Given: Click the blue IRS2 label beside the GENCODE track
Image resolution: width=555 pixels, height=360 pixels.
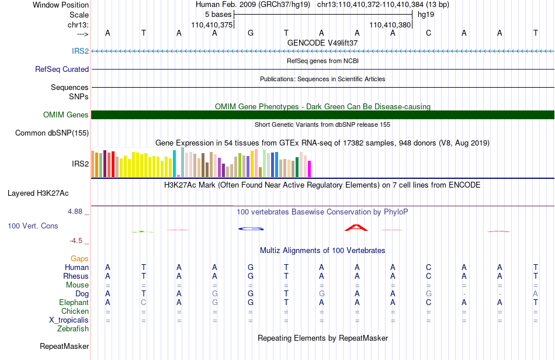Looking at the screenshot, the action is point(81,51).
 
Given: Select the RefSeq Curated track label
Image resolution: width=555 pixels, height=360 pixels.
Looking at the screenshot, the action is point(62,69).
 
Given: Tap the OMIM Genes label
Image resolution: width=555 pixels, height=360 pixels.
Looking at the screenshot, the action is point(66,115).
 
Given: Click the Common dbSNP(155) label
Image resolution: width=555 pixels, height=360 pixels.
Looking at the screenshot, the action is point(52,133).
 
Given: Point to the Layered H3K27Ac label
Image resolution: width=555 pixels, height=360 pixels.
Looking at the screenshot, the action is point(38,193).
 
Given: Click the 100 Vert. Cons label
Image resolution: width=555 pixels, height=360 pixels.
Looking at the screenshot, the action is point(33,226).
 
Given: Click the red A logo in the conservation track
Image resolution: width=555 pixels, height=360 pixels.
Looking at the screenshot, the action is point(356,227).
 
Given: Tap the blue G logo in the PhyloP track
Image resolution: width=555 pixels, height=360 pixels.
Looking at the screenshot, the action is point(251,229).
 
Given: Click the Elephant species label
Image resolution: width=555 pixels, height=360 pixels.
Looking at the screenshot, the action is point(74,303).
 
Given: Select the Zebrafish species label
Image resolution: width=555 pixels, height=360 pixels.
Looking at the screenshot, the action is point(73,329).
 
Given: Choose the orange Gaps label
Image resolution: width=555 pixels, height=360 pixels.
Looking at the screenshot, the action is point(79,259).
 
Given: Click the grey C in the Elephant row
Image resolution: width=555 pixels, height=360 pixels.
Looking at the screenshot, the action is point(143,303).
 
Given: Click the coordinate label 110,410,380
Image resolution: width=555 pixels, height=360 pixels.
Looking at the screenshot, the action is point(390,25).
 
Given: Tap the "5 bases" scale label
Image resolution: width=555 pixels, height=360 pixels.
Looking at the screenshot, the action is point(218,15).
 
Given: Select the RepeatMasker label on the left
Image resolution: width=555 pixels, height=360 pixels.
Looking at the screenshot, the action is point(64,346).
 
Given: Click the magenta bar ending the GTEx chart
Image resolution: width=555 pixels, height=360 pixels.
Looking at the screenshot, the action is point(310,169).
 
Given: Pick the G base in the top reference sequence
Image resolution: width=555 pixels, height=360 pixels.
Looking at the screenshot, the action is point(251,33).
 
